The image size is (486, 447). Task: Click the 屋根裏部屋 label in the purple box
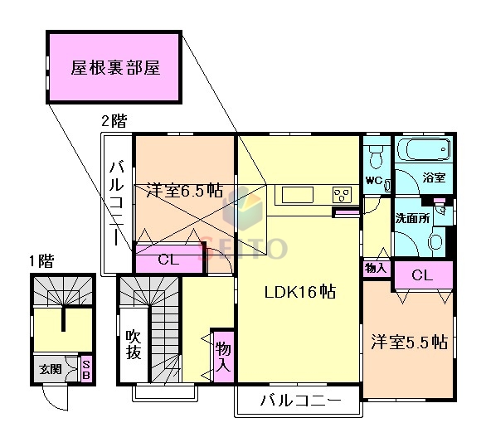[114, 68]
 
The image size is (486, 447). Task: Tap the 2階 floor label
[114, 121]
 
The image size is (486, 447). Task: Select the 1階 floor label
[41, 261]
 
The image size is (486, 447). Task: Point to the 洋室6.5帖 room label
[185, 190]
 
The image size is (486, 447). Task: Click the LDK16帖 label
[299, 292]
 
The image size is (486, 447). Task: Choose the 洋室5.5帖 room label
[409, 342]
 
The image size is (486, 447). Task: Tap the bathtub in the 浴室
[424, 152]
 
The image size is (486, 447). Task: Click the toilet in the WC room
[376, 156]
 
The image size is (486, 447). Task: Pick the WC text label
[373, 180]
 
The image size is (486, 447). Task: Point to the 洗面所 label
[411, 220]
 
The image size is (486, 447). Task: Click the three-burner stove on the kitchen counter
[341, 196]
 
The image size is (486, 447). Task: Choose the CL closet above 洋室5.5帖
[422, 275]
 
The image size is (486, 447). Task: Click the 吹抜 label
[134, 344]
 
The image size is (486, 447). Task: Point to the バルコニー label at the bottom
[299, 401]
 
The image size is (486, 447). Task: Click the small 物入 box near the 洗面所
[376, 268]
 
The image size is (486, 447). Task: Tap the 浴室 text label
[434, 177]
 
